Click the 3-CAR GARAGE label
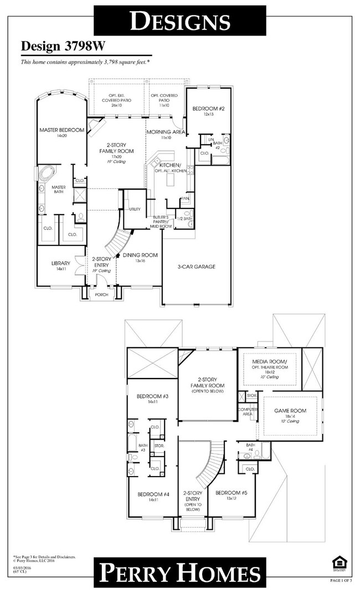tap(197, 267)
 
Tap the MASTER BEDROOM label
tap(61, 130)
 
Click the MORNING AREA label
tap(166, 132)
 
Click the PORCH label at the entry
tap(101, 295)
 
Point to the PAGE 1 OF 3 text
tap(341, 580)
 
